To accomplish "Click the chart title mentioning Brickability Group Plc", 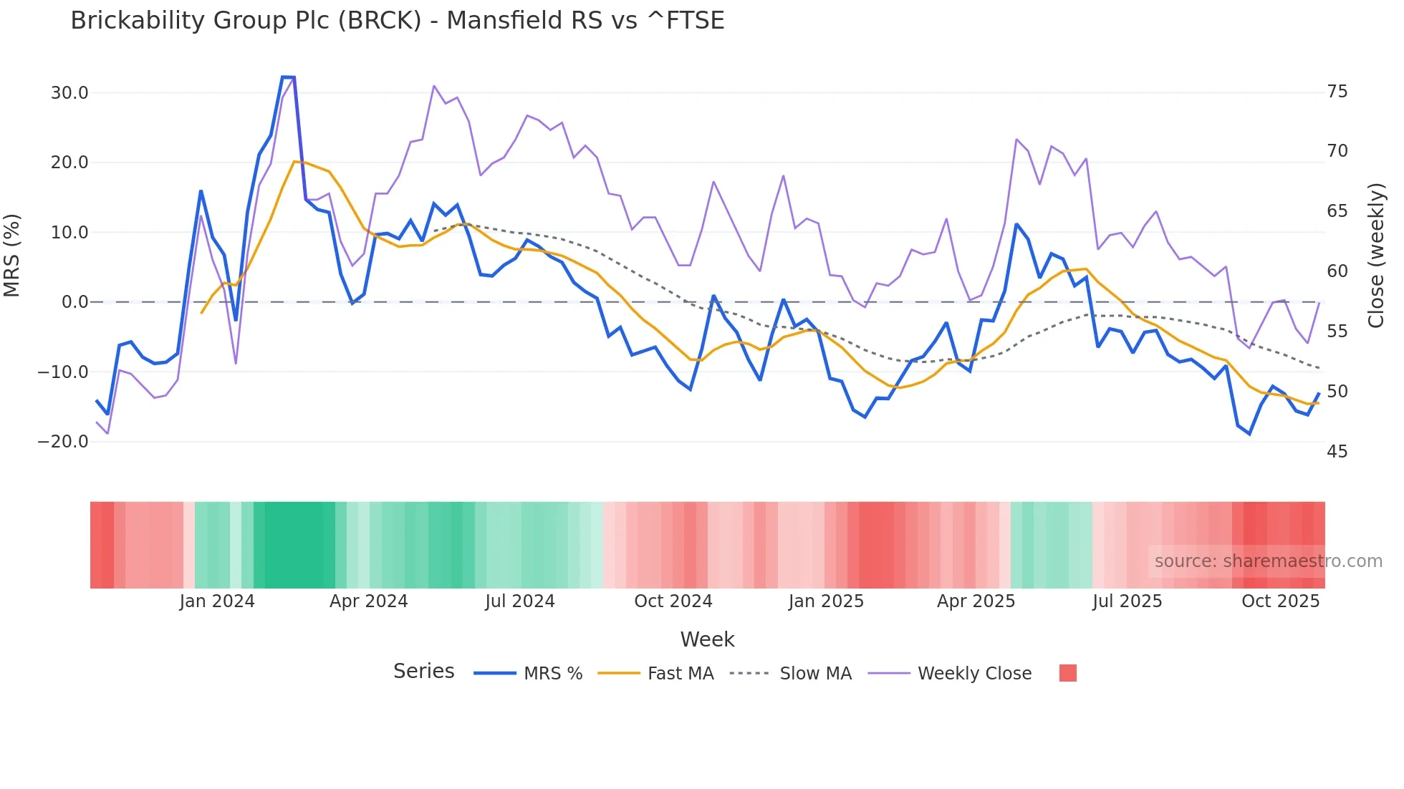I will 398,21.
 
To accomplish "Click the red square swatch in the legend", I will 1067,673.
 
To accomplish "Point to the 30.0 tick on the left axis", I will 69,93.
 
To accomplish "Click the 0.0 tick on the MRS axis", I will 74,302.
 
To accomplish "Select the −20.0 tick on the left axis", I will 63,442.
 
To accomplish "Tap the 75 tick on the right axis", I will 1337,92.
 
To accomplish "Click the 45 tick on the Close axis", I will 1337,452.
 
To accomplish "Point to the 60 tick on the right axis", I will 1337,271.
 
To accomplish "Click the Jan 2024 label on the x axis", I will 217,601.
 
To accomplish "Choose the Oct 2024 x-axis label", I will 673,601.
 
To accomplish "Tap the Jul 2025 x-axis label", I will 1127,601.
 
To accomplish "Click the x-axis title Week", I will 707,639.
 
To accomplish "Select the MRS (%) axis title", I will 12,255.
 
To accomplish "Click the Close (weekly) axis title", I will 1375,256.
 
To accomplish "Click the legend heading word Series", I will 423,672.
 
